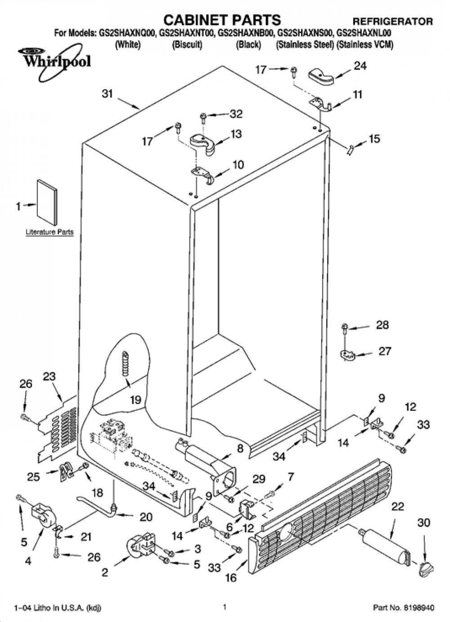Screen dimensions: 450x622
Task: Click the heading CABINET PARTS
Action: [x=222, y=20]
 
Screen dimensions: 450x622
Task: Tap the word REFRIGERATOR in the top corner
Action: [x=392, y=21]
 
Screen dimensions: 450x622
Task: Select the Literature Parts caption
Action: [x=49, y=232]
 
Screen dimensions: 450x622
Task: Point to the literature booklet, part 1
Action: [x=47, y=202]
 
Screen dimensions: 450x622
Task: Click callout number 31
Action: [x=108, y=94]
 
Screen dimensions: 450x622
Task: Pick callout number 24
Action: [x=360, y=66]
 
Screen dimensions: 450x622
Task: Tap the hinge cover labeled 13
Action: [x=203, y=143]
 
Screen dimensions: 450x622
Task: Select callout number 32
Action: [x=236, y=114]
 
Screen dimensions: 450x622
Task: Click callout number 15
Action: [x=374, y=139]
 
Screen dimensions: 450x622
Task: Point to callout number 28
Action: [x=382, y=325]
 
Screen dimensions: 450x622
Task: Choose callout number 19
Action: [x=135, y=400]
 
